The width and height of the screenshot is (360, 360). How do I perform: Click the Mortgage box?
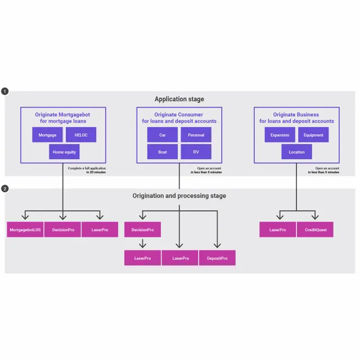(47, 135)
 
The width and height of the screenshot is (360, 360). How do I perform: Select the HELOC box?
(81, 135)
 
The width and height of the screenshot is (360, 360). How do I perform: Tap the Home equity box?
(64, 152)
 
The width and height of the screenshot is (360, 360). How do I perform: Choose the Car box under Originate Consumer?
(163, 135)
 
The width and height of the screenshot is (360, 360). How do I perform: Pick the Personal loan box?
(196, 135)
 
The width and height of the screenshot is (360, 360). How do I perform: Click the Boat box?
(163, 152)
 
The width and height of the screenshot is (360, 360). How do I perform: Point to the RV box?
(196, 152)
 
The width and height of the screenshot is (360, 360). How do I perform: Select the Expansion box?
(280, 135)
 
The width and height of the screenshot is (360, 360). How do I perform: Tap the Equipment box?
(313, 135)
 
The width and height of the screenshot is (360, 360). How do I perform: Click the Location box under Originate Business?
(296, 152)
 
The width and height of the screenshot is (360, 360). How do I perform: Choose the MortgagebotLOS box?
(25, 229)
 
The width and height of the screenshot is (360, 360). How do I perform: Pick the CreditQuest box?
(315, 229)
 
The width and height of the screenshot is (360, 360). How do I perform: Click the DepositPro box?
(217, 258)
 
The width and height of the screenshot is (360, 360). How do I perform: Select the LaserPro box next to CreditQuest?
(278, 229)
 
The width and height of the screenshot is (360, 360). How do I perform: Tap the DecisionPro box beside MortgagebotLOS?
(62, 229)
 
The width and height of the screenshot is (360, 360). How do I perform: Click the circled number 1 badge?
(5, 91)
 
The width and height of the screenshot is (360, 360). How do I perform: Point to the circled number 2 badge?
(5, 188)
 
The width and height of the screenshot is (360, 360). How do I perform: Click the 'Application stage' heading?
(179, 99)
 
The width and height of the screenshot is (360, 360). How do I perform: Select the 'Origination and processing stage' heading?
(179, 196)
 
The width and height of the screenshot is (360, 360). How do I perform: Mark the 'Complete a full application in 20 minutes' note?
(87, 170)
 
